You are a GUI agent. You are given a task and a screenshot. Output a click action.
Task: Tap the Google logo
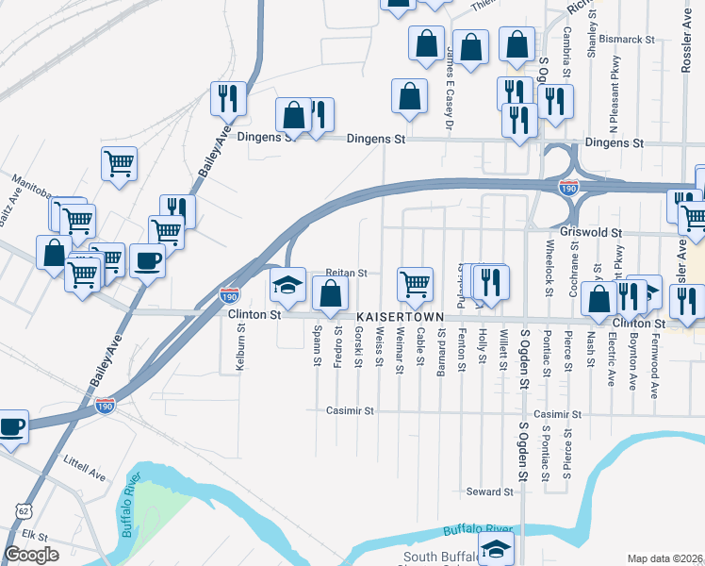point(32,555)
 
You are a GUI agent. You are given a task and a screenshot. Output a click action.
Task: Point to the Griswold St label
point(591,231)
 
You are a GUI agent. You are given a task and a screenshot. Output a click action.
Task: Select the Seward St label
point(490,491)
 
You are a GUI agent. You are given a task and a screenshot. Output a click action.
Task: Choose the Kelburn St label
point(241,348)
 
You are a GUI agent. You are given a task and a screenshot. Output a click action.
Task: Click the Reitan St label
point(346,273)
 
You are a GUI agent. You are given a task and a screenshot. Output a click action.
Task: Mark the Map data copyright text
point(665,558)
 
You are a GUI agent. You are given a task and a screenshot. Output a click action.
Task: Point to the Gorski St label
point(358,346)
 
